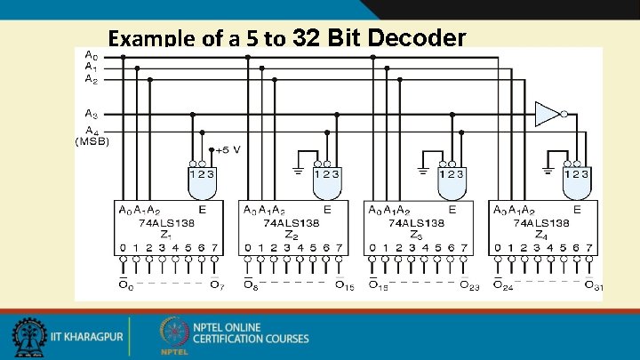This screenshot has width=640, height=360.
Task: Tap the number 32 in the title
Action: [x=308, y=38]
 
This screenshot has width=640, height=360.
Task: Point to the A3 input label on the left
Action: [x=92, y=114]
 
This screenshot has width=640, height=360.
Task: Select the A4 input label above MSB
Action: [x=92, y=132]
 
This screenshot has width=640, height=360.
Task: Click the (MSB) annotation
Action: [x=92, y=142]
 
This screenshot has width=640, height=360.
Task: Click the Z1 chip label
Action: [x=164, y=235]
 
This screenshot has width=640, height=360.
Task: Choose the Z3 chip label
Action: [x=414, y=235]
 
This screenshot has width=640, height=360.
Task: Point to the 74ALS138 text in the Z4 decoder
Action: [x=540, y=222]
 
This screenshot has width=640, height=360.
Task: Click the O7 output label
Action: [x=216, y=284]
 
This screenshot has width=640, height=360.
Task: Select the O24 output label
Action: [x=504, y=284]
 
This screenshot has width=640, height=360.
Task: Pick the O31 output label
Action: [x=592, y=284]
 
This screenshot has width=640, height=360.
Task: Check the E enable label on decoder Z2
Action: [x=328, y=210]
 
